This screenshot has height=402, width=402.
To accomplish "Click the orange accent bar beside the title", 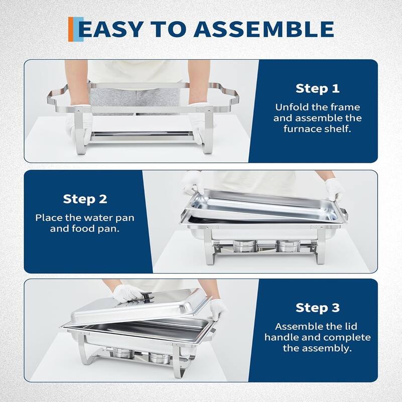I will click(x=71, y=29).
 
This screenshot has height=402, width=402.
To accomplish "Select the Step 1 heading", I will click(x=317, y=88).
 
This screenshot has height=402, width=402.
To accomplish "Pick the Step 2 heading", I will click(x=85, y=199).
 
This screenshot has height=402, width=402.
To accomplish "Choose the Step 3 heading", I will click(x=317, y=308).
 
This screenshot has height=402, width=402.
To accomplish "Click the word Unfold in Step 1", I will click(x=290, y=107).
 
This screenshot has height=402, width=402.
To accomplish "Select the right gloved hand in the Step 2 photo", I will click(x=334, y=190).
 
